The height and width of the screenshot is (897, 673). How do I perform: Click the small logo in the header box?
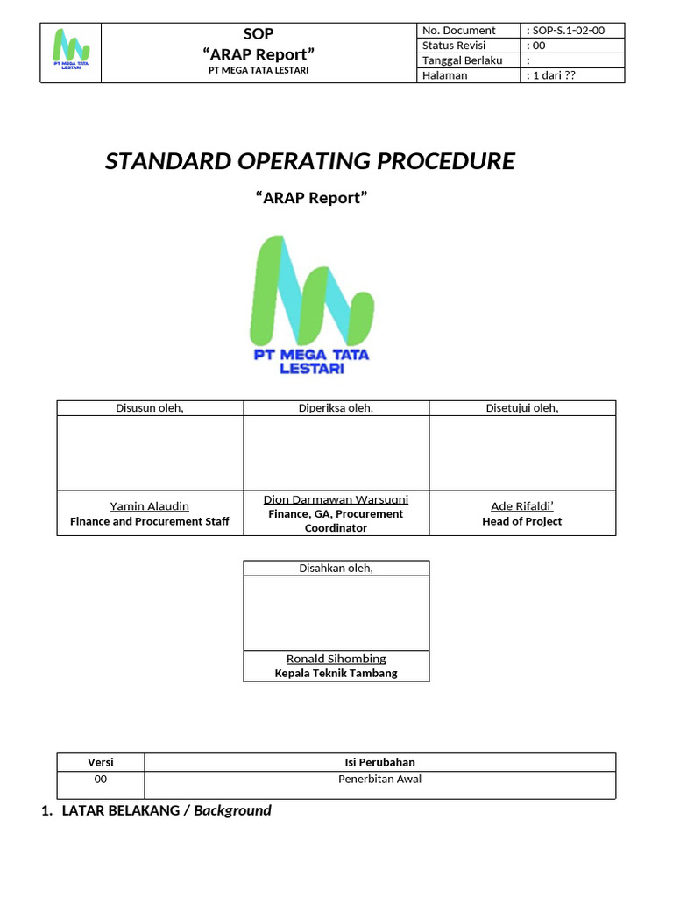(71, 49)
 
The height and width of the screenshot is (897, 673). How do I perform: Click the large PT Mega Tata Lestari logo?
(312, 305)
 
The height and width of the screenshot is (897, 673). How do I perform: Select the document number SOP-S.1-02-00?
(568, 31)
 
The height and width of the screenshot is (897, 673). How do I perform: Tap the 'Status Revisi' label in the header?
(454, 46)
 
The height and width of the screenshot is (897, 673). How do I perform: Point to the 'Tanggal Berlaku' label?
(463, 60)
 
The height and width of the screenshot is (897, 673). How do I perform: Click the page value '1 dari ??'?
(554, 75)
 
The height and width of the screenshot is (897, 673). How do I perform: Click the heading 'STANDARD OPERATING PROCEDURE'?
(310, 161)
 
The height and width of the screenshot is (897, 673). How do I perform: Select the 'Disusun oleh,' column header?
(150, 408)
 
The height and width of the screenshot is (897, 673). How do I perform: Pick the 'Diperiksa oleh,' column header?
(336, 408)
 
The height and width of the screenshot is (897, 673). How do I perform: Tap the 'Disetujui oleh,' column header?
(522, 408)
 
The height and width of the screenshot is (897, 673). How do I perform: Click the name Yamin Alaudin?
(149, 506)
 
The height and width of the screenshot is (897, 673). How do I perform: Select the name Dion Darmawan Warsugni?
(336, 499)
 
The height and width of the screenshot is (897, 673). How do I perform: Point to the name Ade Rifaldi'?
(522, 506)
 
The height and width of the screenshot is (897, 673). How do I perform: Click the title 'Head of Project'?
(522, 521)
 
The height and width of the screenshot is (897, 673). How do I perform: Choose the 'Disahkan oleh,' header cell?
(336, 568)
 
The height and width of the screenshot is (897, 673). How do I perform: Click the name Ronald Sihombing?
(336, 659)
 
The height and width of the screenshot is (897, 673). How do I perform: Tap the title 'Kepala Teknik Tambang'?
(336, 674)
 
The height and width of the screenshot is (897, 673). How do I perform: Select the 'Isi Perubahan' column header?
(380, 762)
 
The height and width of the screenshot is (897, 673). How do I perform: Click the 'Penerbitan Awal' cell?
(380, 779)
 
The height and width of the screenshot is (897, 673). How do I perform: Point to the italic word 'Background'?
(232, 810)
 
